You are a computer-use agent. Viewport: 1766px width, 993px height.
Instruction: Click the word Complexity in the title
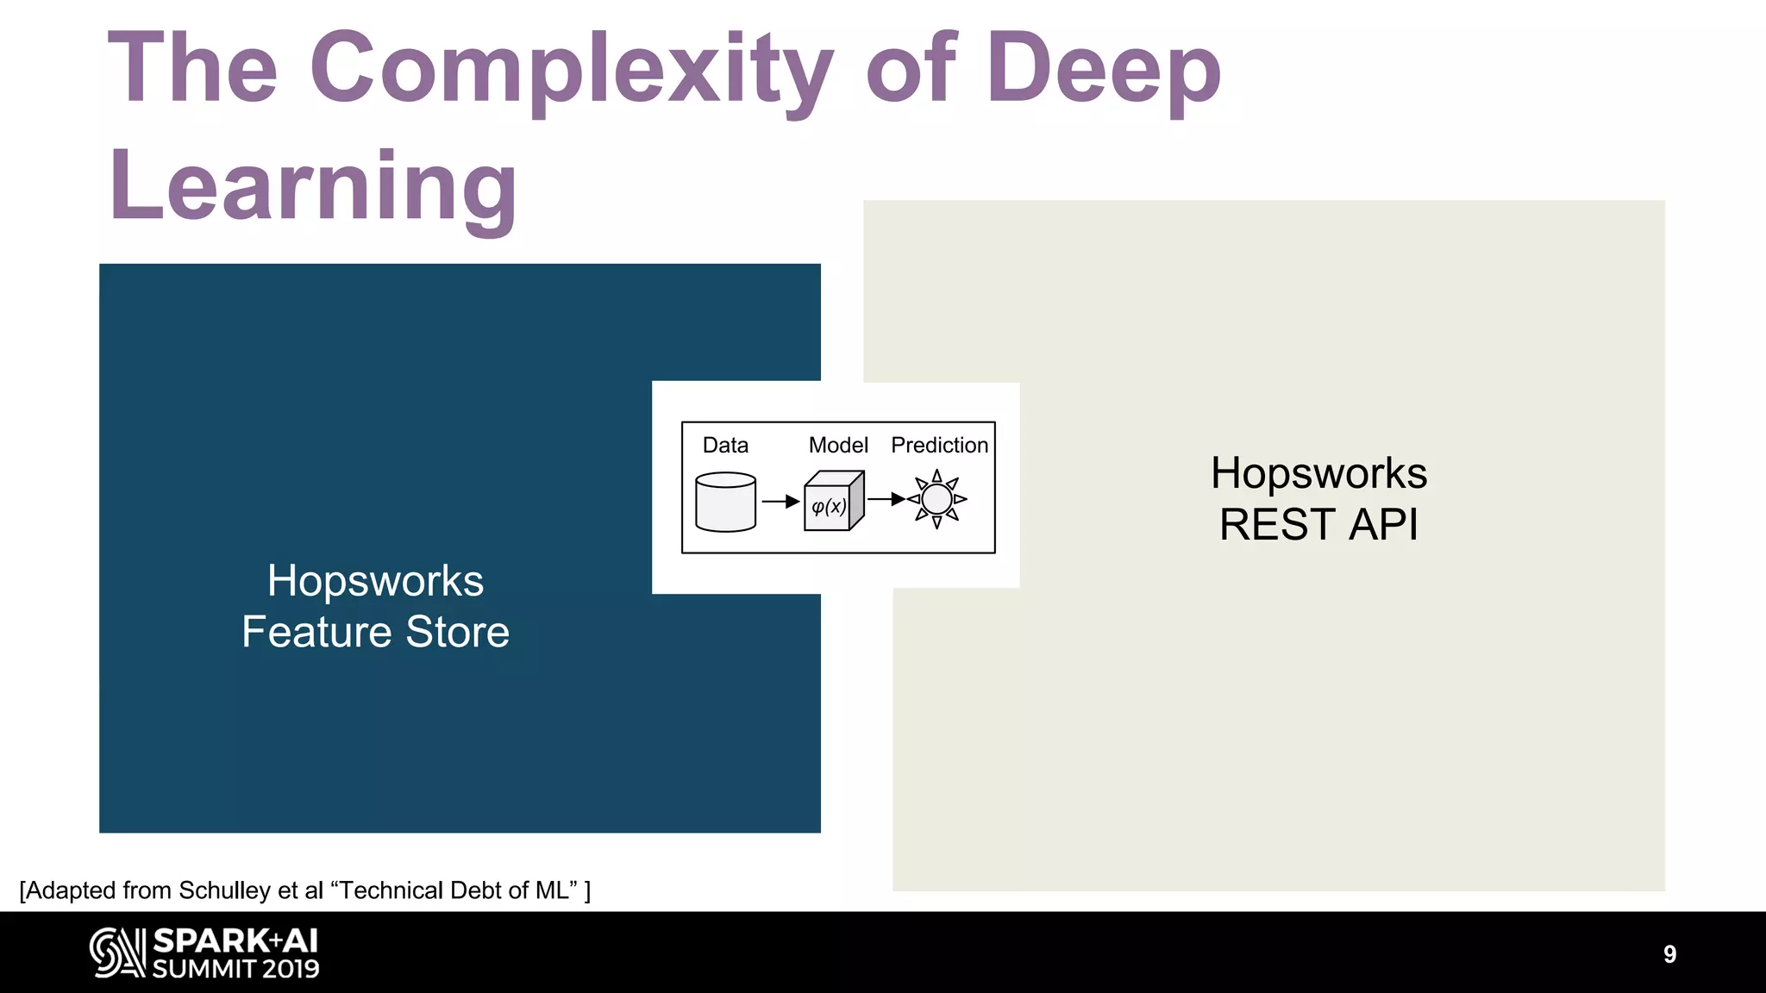click(x=571, y=69)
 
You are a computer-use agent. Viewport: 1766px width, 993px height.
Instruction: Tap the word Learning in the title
click(x=312, y=186)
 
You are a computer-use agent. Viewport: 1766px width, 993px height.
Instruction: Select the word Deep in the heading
click(x=1104, y=69)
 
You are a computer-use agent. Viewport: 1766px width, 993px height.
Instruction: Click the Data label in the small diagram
click(x=725, y=445)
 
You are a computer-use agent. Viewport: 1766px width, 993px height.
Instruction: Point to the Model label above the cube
click(x=837, y=445)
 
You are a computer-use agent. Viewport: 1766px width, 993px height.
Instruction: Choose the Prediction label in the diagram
click(x=939, y=445)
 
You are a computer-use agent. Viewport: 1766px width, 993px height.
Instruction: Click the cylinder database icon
click(x=725, y=502)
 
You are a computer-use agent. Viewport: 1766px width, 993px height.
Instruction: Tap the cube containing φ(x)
click(x=831, y=503)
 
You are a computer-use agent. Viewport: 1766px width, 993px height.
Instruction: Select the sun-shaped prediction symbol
click(x=936, y=499)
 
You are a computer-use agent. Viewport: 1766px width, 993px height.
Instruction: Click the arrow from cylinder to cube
click(x=781, y=502)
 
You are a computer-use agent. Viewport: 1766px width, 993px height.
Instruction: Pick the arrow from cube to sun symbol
click(x=886, y=498)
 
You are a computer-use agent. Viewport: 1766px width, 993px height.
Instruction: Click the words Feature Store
click(x=375, y=632)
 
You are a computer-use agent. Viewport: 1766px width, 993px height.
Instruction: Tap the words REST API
click(x=1318, y=524)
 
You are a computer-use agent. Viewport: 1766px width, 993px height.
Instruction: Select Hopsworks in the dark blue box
click(x=375, y=580)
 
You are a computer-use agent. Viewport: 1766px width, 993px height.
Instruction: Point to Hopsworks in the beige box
click(x=1318, y=473)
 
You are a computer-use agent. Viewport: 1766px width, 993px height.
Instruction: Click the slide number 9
click(x=1669, y=954)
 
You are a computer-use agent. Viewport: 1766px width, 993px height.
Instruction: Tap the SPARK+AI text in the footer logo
click(x=235, y=940)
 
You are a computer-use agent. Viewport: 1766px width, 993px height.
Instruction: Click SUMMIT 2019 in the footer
click(x=235, y=969)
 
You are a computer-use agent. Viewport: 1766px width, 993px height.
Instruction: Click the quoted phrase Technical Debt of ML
click(x=454, y=890)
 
